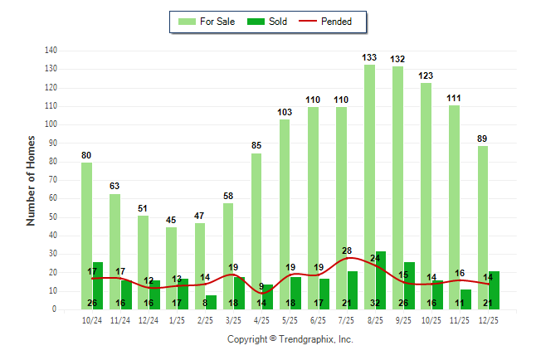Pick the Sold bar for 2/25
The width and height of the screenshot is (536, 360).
coord(212,302)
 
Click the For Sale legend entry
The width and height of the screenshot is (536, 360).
coord(207,22)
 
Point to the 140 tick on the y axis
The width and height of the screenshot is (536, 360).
coord(51,51)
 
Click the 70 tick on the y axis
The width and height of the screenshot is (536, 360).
coord(52,180)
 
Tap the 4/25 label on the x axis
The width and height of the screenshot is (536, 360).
coord(262,320)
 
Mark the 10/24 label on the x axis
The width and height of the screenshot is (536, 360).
coord(92,320)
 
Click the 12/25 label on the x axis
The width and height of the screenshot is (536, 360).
coord(489,320)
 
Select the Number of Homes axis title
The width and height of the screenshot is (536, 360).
coord(32,180)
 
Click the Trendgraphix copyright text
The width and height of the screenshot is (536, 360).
coord(290,339)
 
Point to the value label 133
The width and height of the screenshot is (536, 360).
coord(370,57)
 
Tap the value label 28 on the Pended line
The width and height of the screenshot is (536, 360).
coord(347,251)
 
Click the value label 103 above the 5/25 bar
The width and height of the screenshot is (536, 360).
coord(285,112)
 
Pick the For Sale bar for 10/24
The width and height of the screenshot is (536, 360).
coord(86,236)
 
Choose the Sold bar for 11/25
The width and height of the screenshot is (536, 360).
coord(465,299)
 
